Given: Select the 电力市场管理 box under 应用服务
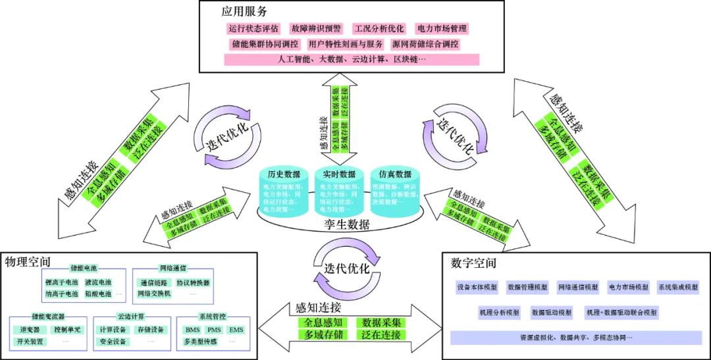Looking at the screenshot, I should (441, 29).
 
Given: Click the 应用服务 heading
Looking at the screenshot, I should (244, 12).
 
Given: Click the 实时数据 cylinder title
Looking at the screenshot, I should (338, 174).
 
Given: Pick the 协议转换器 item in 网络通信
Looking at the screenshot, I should (174, 282).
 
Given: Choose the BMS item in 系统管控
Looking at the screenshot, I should (192, 330).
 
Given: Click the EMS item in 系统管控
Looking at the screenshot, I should (236, 330).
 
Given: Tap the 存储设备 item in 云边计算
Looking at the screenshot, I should (151, 330).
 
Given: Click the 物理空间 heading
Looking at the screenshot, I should (27, 262).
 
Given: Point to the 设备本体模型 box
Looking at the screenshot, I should (477, 288).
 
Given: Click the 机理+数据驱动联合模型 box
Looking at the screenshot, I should (622, 312).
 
